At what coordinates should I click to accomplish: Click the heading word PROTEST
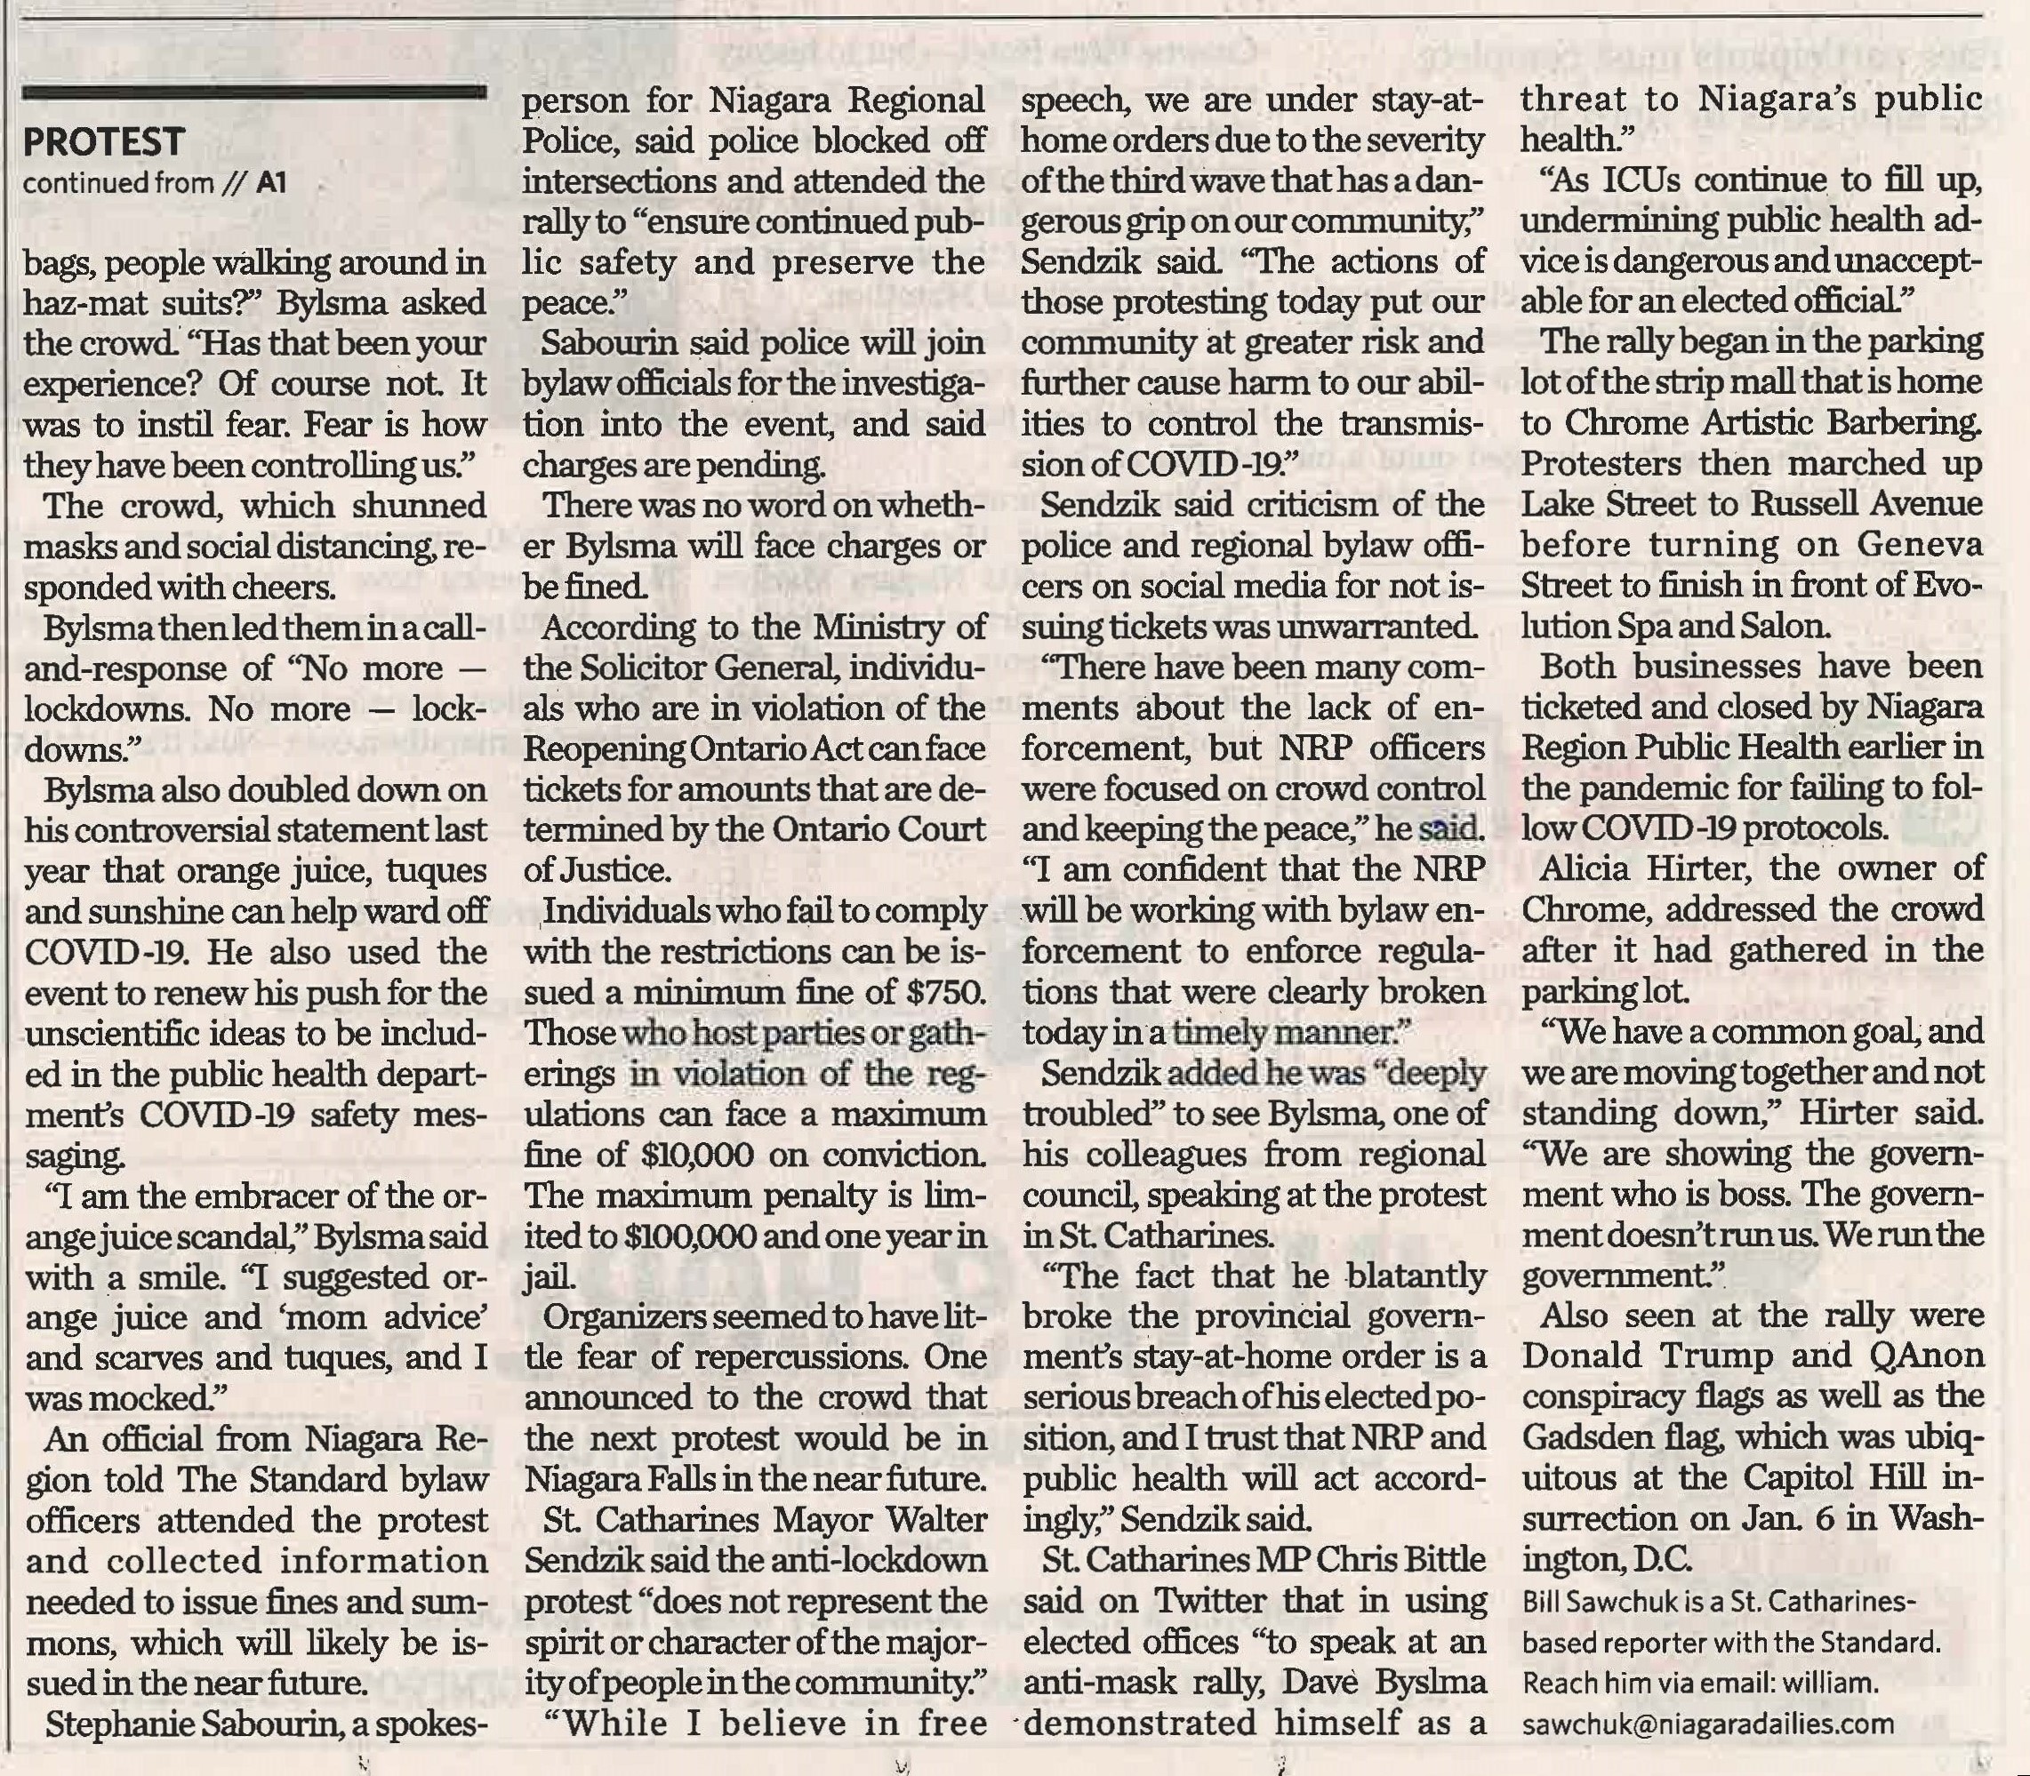pyautogui.click(x=104, y=141)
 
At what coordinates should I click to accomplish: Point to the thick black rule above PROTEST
pyautogui.click(x=253, y=93)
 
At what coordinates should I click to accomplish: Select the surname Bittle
pyautogui.click(x=1440, y=1561)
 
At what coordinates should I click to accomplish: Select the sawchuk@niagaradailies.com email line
pyautogui.click(x=1708, y=1724)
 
